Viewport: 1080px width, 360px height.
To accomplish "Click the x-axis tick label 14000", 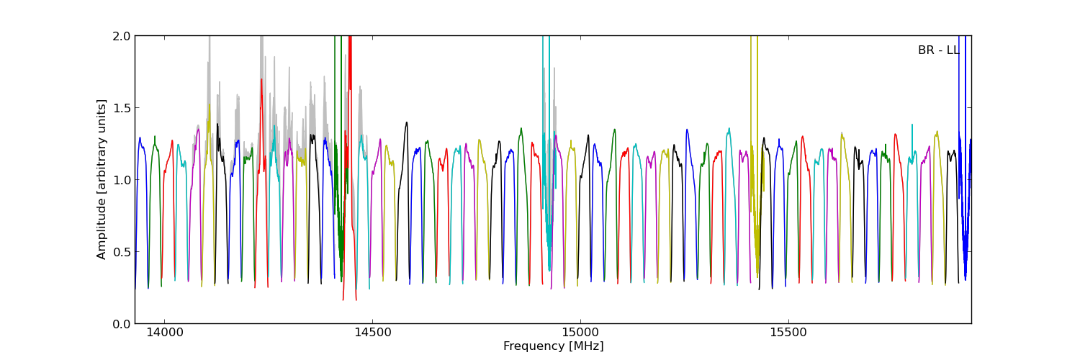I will (x=165, y=333).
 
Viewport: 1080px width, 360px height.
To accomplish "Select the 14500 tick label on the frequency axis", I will (x=372, y=333).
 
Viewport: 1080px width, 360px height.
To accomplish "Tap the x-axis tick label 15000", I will (x=580, y=333).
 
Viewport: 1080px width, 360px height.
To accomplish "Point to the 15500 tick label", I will (x=788, y=333).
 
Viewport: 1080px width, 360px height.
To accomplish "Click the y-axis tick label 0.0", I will (x=122, y=324).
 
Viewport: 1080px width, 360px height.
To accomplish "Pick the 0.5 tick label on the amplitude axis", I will (x=122, y=252).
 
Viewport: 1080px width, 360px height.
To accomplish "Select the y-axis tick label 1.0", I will (x=122, y=180).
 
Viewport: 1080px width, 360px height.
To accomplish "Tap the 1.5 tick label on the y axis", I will (x=122, y=108).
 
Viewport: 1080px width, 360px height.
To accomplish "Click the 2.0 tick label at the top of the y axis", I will (x=122, y=36).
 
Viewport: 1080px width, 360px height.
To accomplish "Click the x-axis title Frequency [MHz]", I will (x=553, y=346).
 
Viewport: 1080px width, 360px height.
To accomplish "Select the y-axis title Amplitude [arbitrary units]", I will (x=102, y=179).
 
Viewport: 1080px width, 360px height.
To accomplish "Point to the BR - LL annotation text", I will (x=938, y=50).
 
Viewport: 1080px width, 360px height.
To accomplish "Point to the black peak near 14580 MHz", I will (x=406, y=123).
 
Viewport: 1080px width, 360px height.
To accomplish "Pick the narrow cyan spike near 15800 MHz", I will (x=912, y=126).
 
